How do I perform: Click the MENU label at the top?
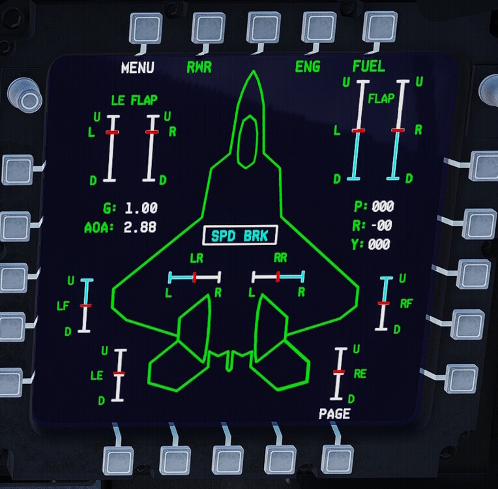tap(138, 68)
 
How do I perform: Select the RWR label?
tap(199, 67)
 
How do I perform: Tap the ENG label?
tap(308, 67)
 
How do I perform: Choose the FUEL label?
tap(368, 67)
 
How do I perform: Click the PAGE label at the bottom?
tap(334, 414)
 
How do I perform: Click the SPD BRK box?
tap(240, 236)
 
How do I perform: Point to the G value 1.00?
tap(141, 209)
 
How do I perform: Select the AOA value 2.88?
tap(141, 228)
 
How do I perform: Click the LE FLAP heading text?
tap(134, 100)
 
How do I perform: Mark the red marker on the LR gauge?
tap(194, 277)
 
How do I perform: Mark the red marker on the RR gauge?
tap(278, 277)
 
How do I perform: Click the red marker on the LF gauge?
tap(86, 305)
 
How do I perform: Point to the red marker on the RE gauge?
tap(338, 372)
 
